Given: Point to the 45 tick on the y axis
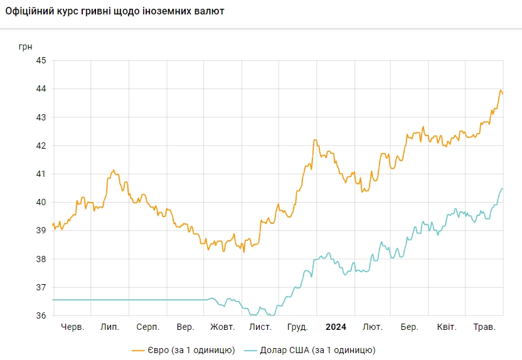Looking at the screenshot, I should point(41,61).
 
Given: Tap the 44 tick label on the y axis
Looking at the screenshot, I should point(41,89).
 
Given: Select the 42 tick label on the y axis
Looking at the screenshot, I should point(41,146).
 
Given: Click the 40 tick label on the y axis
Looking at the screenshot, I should point(41,203).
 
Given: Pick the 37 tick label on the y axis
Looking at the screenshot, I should point(41,287).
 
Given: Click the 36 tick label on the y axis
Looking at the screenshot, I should point(41,316).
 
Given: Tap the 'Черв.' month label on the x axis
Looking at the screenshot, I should point(73,327).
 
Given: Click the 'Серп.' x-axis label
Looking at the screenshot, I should point(147,327).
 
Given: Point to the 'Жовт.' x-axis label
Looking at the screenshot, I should point(222,327).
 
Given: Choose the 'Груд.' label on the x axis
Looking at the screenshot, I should point(297,327).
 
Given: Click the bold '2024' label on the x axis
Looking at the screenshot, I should point(336,327).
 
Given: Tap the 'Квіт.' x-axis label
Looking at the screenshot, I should point(447,327).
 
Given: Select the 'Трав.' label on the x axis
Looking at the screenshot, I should point(484,327).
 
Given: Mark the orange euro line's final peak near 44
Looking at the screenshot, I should point(501,90).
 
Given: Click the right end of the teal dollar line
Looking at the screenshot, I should point(503,188).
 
